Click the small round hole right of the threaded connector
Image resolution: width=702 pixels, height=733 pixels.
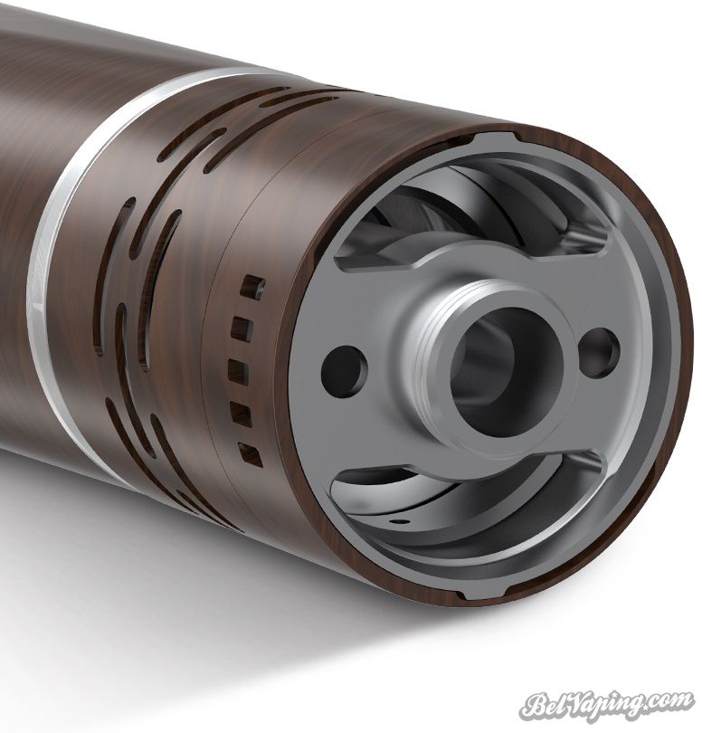(599, 353)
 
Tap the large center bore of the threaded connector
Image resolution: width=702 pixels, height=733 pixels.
(508, 371)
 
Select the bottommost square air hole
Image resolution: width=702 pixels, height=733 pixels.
(251, 455)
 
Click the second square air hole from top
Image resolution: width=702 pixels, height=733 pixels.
(242, 328)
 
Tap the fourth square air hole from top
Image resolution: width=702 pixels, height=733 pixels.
(242, 414)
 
